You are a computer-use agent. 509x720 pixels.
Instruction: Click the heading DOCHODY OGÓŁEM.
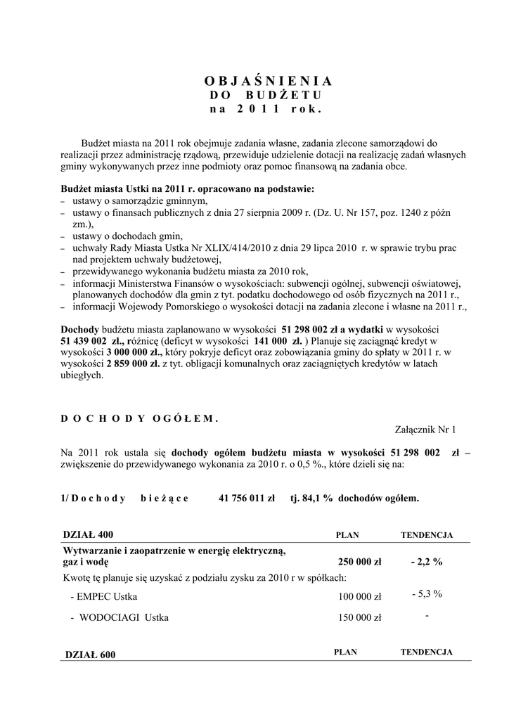point(140,418)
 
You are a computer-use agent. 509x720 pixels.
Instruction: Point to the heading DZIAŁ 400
point(88,534)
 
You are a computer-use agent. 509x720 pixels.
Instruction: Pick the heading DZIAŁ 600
point(89,655)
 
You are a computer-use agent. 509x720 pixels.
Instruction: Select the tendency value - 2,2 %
point(427,562)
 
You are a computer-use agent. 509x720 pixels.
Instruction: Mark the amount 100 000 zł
point(359,597)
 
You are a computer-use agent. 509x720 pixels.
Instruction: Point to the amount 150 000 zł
point(359,618)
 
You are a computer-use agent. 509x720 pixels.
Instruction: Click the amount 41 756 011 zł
point(246,498)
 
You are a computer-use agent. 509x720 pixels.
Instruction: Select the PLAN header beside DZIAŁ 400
point(347,535)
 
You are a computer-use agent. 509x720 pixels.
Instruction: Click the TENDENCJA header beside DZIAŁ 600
point(426,652)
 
